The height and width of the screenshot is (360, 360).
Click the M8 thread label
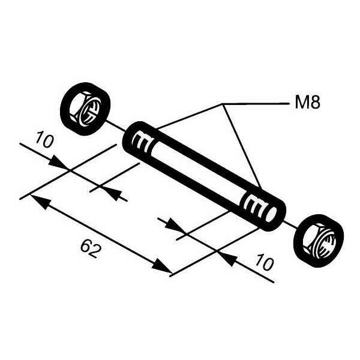pos(307,103)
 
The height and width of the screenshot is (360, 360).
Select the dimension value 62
pos(89,247)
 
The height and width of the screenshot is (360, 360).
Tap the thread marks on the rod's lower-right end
pos(253,207)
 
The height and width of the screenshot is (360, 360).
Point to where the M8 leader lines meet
pos(224,104)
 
